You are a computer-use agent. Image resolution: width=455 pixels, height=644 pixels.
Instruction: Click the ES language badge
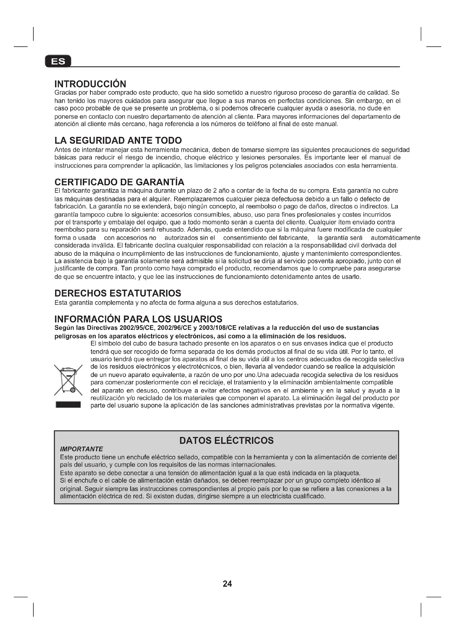[58, 61]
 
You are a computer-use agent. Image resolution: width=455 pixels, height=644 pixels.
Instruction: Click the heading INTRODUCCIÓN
[90, 84]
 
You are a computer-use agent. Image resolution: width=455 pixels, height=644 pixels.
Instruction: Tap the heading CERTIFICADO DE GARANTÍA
[119, 182]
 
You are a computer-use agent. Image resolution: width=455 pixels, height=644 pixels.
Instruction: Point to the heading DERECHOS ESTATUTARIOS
[118, 294]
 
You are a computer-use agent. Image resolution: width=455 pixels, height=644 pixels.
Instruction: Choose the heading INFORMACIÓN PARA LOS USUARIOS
[138, 319]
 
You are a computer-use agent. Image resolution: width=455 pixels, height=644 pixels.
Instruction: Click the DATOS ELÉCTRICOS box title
[226, 440]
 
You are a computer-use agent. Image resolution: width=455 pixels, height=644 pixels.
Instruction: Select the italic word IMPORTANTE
[81, 449]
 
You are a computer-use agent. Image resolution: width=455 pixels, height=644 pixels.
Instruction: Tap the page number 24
[227, 584]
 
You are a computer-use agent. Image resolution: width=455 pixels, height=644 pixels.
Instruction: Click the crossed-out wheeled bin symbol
[68, 380]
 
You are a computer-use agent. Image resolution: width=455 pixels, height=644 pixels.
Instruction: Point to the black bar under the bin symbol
[68, 404]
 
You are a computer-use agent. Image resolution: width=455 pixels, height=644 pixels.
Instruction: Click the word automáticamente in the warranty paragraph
[395, 238]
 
